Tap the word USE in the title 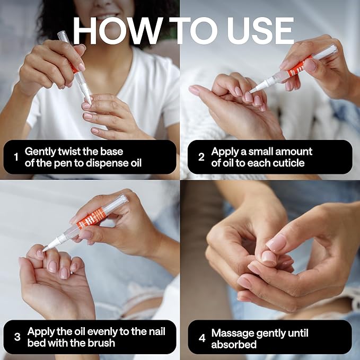(x=260, y=31)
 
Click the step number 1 (x=16, y=157)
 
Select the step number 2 (x=201, y=157)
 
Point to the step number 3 (x=17, y=337)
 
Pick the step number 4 (x=202, y=338)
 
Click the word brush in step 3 (x=101, y=343)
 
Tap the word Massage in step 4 (x=231, y=333)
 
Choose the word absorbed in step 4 (x=234, y=345)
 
